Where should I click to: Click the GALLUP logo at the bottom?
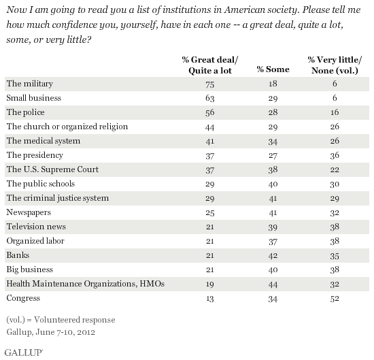point(24,353)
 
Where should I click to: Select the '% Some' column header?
point(273,69)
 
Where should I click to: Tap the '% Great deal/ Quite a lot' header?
point(210,65)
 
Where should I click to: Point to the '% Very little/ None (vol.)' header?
point(335,65)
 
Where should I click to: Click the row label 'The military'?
point(29,84)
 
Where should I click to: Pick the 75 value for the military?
point(210,84)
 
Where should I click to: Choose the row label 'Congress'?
point(23,298)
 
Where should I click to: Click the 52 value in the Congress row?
point(335,299)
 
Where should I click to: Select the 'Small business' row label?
point(33,98)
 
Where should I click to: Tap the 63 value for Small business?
point(210,99)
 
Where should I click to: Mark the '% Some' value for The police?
point(273,112)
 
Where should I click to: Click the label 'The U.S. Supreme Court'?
point(52,169)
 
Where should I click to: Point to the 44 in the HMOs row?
point(273,284)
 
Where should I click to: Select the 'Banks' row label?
point(18,255)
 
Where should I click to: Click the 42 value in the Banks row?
point(273,256)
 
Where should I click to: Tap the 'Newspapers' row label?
point(29,212)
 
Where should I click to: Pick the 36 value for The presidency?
point(335,155)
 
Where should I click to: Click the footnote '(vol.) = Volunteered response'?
point(61,320)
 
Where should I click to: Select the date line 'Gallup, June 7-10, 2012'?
point(51,332)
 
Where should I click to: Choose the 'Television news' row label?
point(36,227)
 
